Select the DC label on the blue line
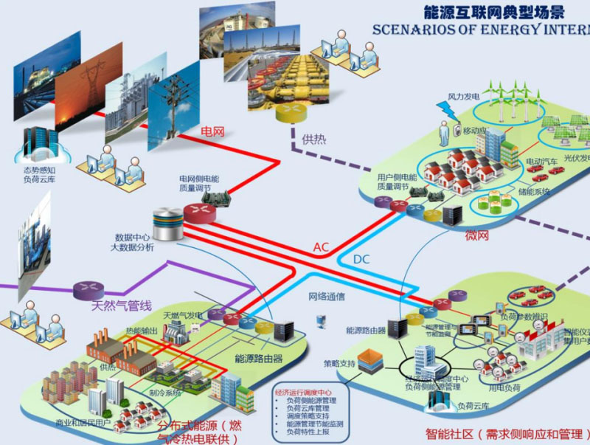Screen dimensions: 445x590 click(361, 260)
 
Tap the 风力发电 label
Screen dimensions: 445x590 click(464, 97)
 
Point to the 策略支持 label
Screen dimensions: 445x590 click(339, 364)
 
